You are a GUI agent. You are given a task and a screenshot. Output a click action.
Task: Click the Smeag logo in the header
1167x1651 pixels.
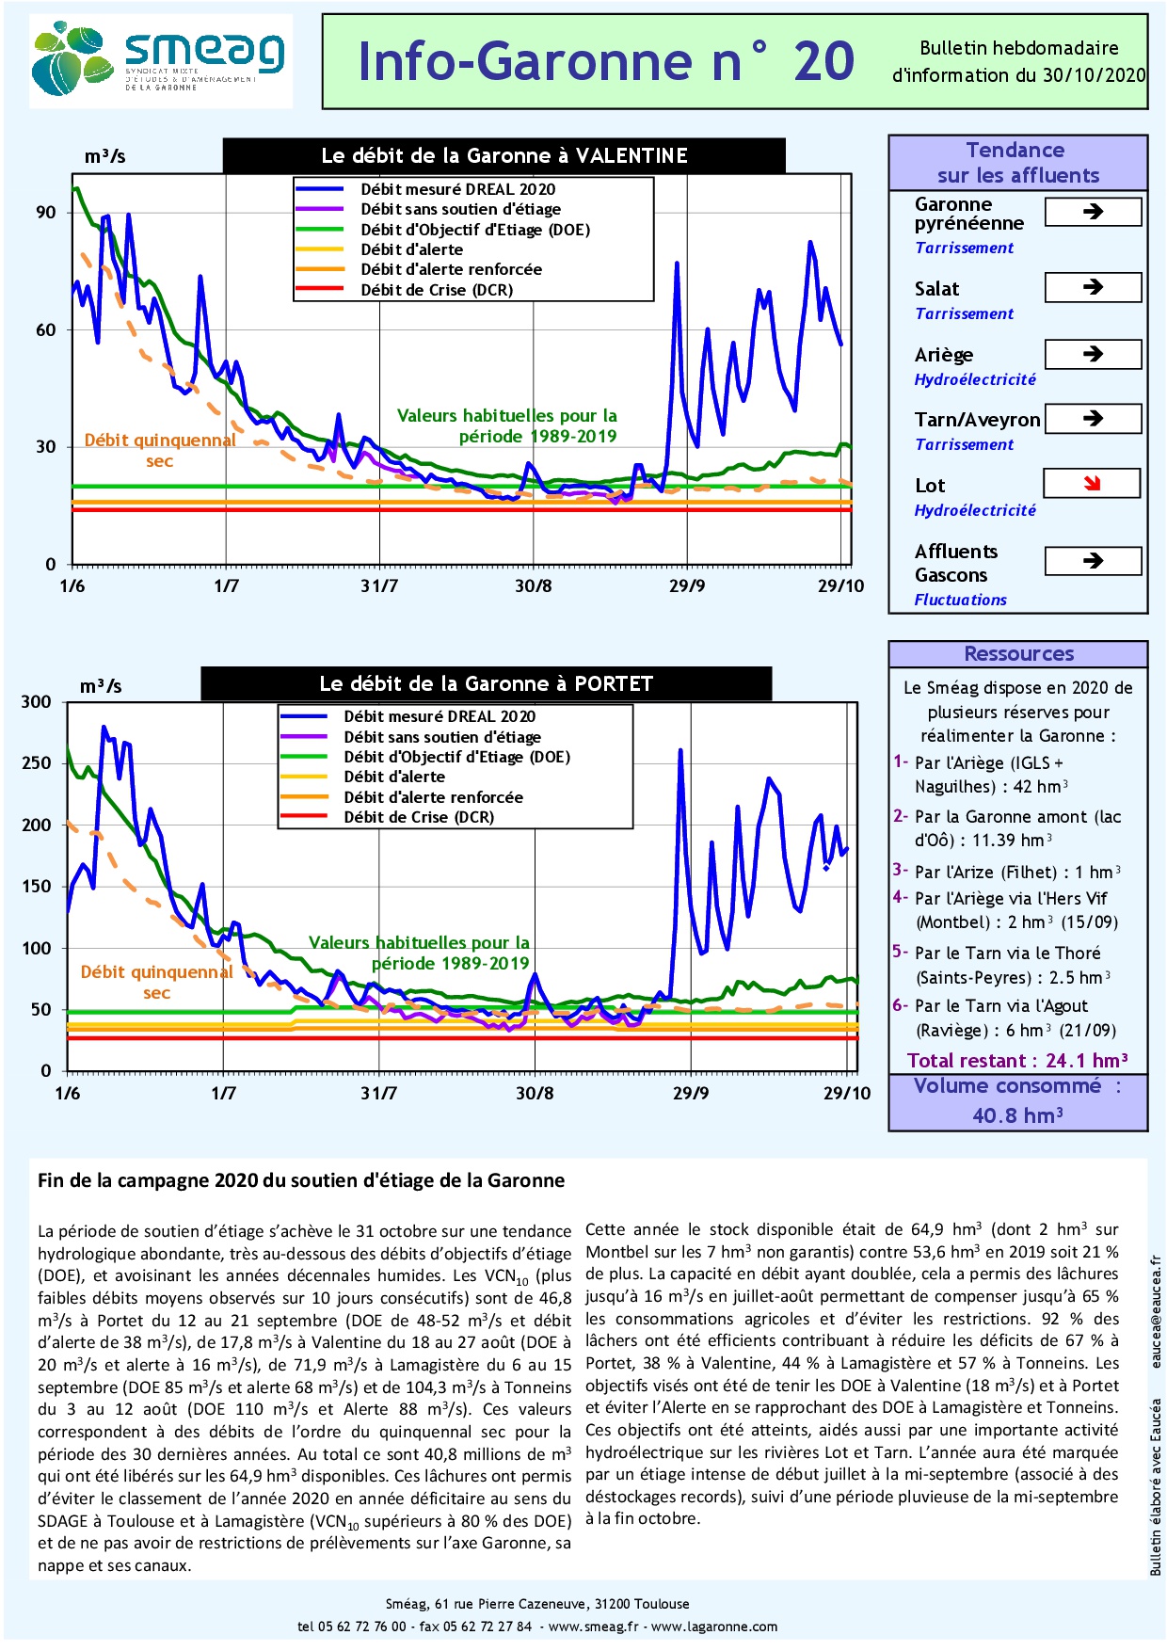(x=160, y=61)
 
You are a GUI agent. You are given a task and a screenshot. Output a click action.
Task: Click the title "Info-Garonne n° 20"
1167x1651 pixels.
(x=606, y=62)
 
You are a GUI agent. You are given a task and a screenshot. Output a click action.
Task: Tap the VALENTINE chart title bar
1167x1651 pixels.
(x=504, y=156)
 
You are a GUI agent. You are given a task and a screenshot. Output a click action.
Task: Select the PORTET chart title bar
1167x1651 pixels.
(x=486, y=683)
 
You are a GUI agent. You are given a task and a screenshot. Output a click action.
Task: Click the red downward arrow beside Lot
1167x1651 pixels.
(x=1092, y=484)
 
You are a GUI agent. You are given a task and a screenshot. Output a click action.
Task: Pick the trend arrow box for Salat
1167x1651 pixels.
(x=1093, y=287)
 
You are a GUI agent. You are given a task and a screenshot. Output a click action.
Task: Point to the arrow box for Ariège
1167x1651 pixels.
(x=1093, y=354)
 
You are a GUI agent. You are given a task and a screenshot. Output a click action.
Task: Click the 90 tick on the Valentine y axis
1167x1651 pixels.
(x=46, y=213)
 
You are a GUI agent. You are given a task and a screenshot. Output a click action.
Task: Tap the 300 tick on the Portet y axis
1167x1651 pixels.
(x=37, y=702)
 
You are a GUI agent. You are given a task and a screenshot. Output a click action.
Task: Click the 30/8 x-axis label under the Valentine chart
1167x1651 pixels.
(x=533, y=586)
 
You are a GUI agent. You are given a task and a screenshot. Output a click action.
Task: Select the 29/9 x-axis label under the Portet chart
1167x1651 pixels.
(x=691, y=1093)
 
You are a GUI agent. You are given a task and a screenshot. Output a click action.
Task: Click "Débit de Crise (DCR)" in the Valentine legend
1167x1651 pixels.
(x=437, y=290)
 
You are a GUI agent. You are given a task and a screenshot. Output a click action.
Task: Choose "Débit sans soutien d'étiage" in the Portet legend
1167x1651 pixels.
(x=442, y=737)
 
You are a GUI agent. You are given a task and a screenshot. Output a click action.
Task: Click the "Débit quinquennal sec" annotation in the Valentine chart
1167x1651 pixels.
(x=159, y=450)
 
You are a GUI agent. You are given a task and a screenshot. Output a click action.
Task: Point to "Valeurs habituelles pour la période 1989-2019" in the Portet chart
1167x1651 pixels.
(x=420, y=953)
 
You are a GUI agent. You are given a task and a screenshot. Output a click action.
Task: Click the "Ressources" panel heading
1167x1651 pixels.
(x=1018, y=654)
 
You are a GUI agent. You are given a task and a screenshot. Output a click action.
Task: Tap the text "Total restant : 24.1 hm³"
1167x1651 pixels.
(x=1017, y=1061)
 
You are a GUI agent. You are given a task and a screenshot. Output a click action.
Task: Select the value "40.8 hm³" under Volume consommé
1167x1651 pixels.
(x=1017, y=1115)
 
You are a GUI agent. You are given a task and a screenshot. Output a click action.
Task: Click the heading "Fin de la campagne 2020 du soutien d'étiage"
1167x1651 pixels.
(x=301, y=1180)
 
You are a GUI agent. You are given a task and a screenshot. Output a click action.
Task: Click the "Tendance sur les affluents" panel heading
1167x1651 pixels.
(x=1017, y=163)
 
